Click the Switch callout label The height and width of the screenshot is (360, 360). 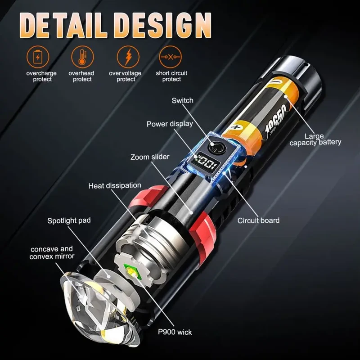[182, 100]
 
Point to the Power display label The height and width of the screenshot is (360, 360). [170, 124]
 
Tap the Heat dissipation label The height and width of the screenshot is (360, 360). [114, 185]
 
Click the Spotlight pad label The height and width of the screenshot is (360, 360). [69, 220]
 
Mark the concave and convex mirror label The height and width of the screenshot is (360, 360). [52, 252]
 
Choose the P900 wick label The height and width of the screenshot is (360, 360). [175, 332]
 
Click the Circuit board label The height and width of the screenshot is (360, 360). [258, 220]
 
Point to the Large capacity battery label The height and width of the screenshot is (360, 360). [315, 139]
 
